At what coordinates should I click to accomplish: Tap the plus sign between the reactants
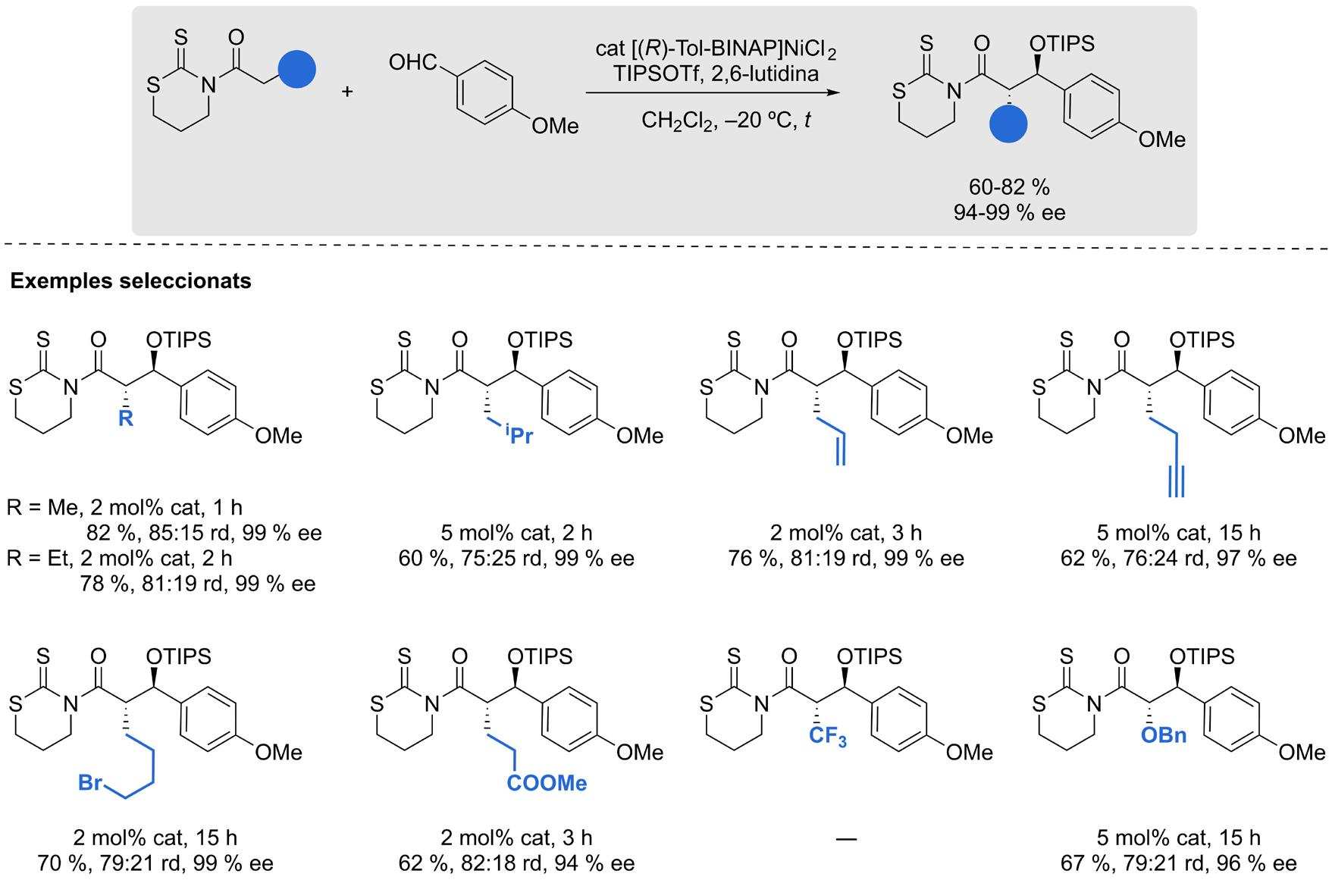pos(347,92)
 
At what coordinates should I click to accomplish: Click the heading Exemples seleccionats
pos(130,281)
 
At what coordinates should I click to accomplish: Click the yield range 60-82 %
pos(1009,186)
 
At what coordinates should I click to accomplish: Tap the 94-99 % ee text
pos(1009,213)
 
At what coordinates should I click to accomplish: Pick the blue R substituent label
pos(126,418)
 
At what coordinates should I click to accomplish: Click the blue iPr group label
pos(516,436)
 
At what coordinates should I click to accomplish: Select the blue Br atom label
pos(90,782)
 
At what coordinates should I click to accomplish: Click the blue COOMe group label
pos(547,783)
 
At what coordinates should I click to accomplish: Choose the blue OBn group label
pos(1163,735)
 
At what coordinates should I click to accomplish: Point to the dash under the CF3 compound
pos(846,838)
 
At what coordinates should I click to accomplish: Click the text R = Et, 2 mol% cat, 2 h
pos(120,559)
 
